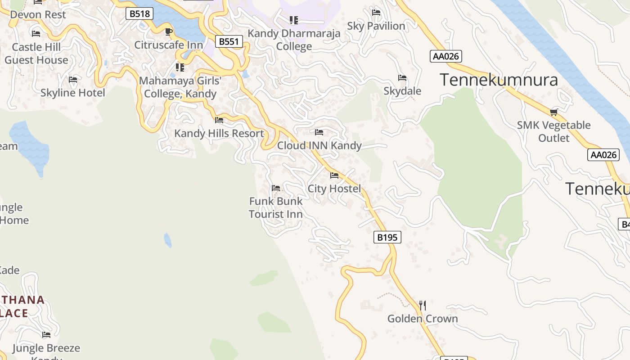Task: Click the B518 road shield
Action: click(139, 14)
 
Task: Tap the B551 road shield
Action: click(229, 42)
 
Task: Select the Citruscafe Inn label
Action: click(169, 45)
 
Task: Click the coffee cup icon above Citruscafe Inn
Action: click(169, 31)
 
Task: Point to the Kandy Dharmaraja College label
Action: click(294, 40)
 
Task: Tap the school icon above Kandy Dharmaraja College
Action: click(294, 20)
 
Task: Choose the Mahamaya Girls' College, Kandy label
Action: click(180, 87)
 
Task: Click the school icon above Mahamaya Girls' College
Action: click(180, 67)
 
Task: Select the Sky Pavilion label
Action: click(376, 26)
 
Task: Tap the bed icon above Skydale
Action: click(402, 78)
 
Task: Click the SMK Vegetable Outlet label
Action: click(554, 131)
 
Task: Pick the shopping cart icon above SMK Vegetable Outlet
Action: click(554, 112)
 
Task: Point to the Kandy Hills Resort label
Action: click(219, 134)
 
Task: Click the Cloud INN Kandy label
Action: click(319, 146)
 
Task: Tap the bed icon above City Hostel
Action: click(334, 175)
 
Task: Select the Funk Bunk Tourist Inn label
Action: click(276, 207)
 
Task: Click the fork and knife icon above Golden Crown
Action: click(423, 306)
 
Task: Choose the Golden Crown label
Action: click(423, 319)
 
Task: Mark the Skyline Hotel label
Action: click(73, 93)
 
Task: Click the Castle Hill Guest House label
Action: click(36, 54)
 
